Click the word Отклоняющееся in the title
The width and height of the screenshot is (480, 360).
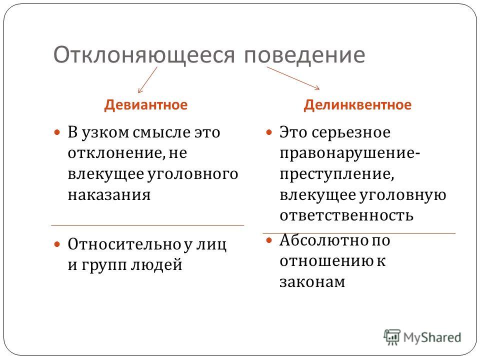[x=144, y=55]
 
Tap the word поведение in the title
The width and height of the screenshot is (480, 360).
[x=304, y=55]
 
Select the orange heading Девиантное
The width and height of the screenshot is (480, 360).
[x=145, y=105]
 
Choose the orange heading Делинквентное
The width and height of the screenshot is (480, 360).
[x=357, y=105]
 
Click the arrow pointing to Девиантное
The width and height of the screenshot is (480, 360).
[x=147, y=80]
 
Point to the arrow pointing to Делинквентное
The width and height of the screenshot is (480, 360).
[x=293, y=78]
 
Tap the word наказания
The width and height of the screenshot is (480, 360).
[x=109, y=195]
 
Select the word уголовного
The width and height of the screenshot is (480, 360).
[x=193, y=174]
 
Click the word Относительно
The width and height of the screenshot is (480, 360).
[x=124, y=244]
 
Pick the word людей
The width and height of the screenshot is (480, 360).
[x=156, y=264]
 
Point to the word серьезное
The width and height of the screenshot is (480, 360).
[x=351, y=133]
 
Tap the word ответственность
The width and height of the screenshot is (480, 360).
[x=346, y=215]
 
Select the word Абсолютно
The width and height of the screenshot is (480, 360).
[x=324, y=240]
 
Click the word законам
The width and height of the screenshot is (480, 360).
[x=312, y=282]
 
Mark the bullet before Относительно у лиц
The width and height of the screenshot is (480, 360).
[x=57, y=244]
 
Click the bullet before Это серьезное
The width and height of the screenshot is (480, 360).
[x=269, y=132]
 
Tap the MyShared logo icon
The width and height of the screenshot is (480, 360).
[x=392, y=337]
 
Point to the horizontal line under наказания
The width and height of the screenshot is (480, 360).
[x=147, y=225]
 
